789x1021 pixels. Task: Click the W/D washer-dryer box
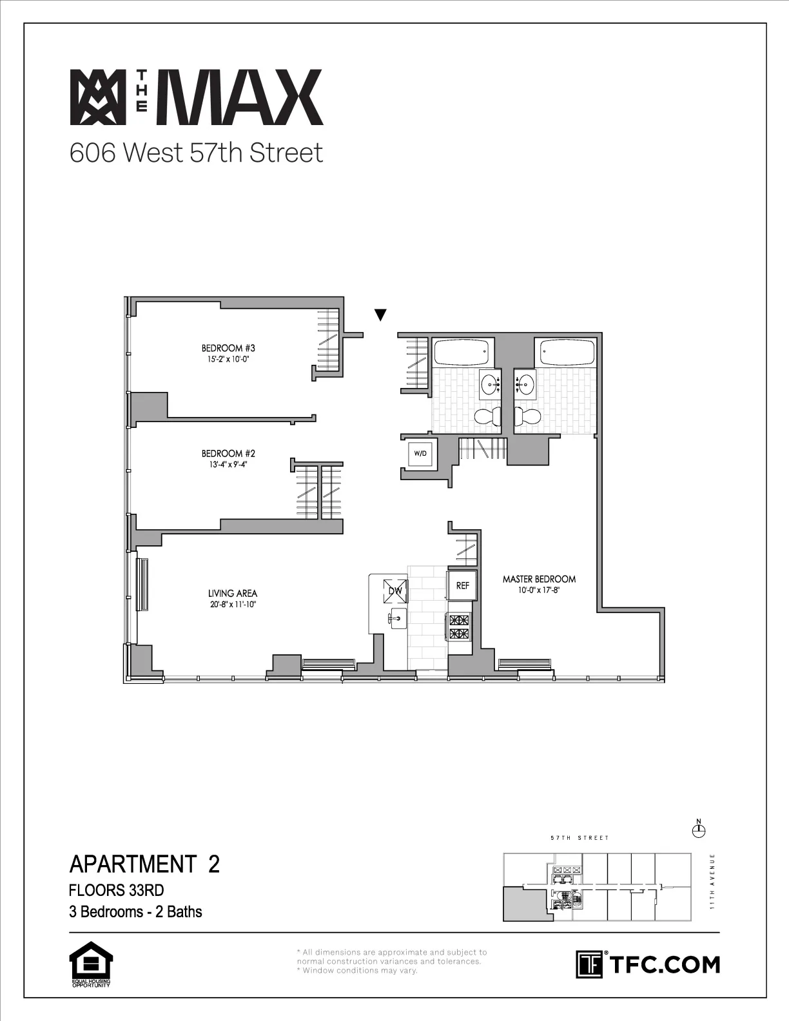tap(420, 453)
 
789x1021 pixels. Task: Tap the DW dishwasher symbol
tap(394, 590)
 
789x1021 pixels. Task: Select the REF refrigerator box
tap(463, 586)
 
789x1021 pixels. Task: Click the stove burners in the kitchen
tap(461, 627)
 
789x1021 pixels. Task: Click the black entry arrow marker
tap(380, 315)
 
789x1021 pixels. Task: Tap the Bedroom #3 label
tap(224, 348)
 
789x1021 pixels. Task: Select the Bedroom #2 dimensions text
tap(224, 463)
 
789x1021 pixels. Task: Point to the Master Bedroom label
tap(539, 579)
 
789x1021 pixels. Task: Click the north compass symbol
tap(698, 830)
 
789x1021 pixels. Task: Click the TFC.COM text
tap(664, 965)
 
